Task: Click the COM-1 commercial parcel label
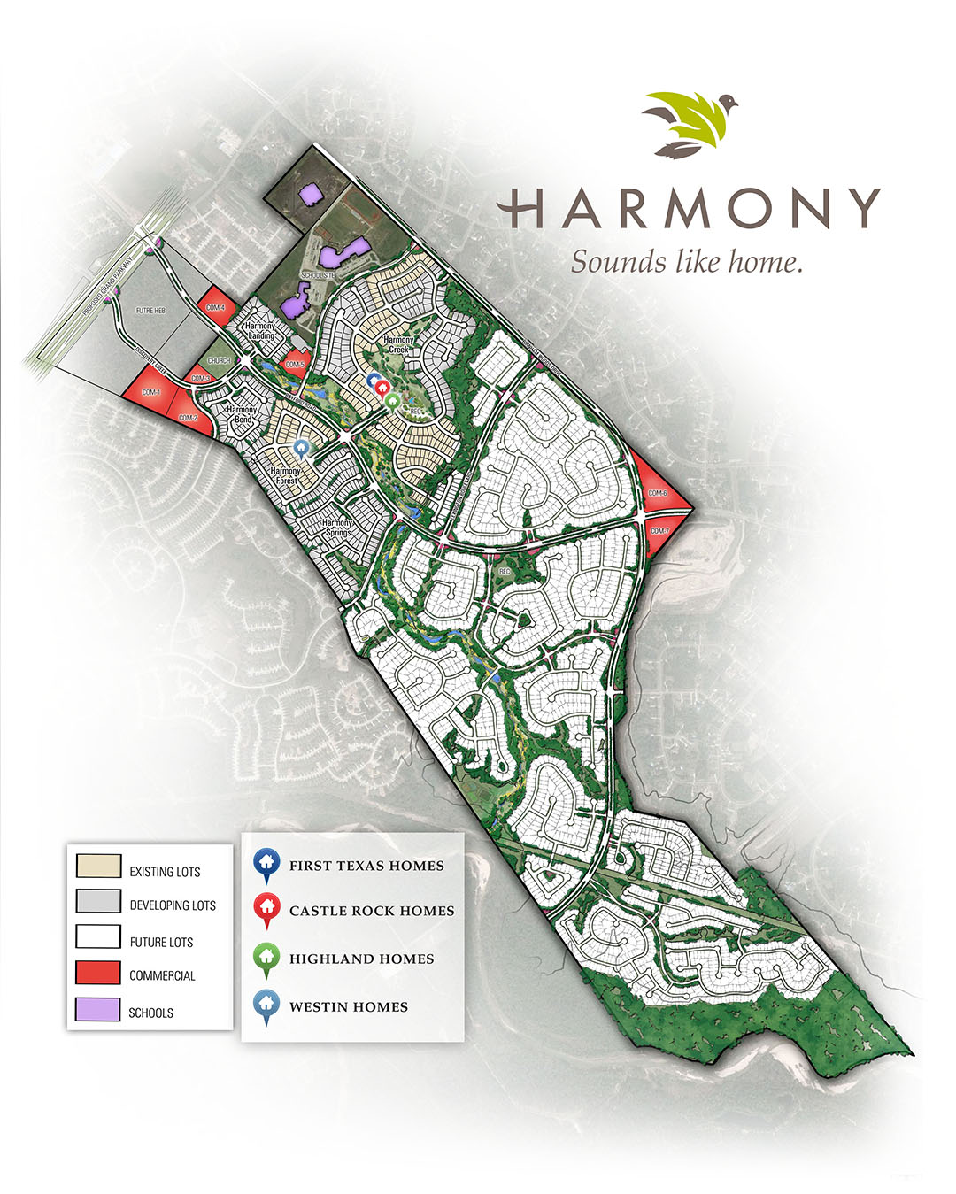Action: (150, 391)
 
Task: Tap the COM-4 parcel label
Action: (215, 307)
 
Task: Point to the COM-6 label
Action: (657, 493)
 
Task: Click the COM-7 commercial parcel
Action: (659, 531)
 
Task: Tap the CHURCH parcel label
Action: (219, 361)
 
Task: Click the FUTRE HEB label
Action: (150, 311)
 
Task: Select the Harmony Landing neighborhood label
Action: (260, 331)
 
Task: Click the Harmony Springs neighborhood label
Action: (337, 528)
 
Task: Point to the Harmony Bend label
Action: (242, 414)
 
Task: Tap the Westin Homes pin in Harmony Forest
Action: (301, 449)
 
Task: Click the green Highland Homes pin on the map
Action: (393, 401)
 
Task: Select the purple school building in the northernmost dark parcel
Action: (310, 194)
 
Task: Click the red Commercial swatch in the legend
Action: (98, 973)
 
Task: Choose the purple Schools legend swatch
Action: (98, 1010)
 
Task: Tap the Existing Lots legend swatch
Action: (98, 867)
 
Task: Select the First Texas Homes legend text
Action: (366, 866)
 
